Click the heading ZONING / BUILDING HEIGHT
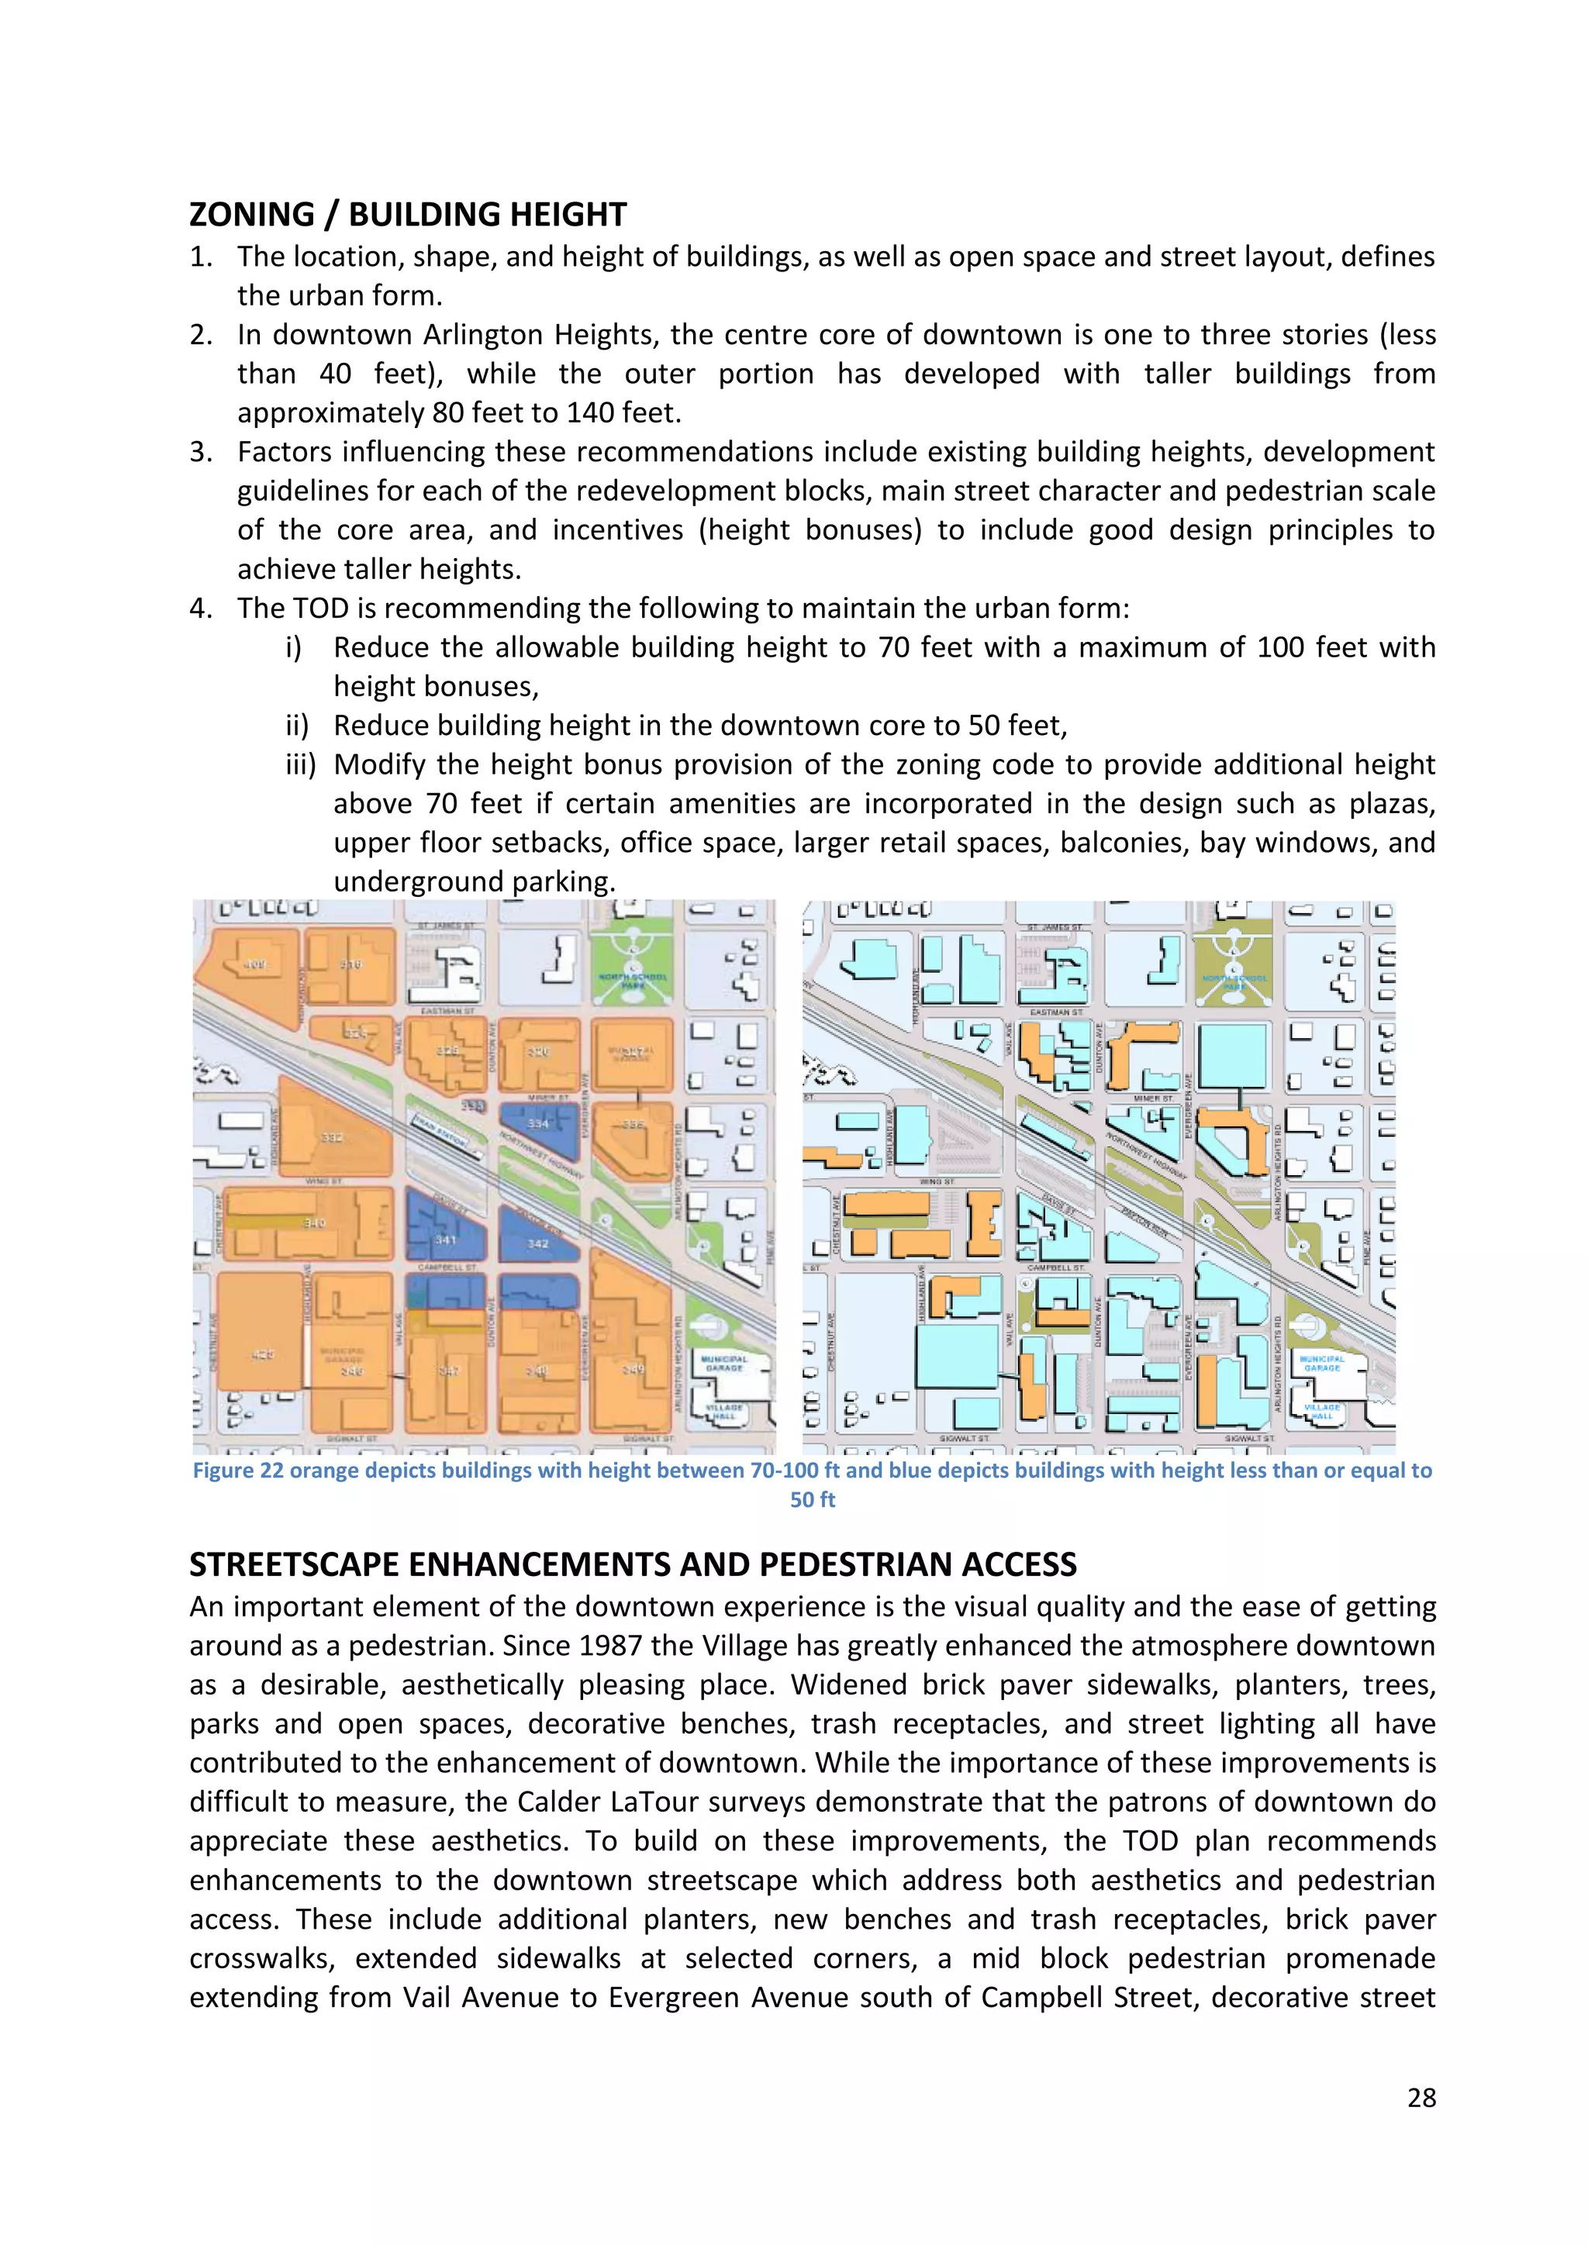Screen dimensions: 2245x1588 point(407,214)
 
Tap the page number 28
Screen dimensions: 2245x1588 point(1421,2098)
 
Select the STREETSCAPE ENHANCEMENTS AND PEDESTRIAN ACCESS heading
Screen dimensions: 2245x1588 point(633,1564)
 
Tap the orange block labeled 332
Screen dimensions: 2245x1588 point(333,1137)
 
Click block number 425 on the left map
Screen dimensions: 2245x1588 point(262,1354)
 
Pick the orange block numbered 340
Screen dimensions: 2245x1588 point(314,1223)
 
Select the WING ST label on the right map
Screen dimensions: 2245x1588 point(937,1181)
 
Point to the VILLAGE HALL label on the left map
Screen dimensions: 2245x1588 point(724,1411)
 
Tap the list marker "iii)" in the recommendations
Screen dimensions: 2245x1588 point(300,764)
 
